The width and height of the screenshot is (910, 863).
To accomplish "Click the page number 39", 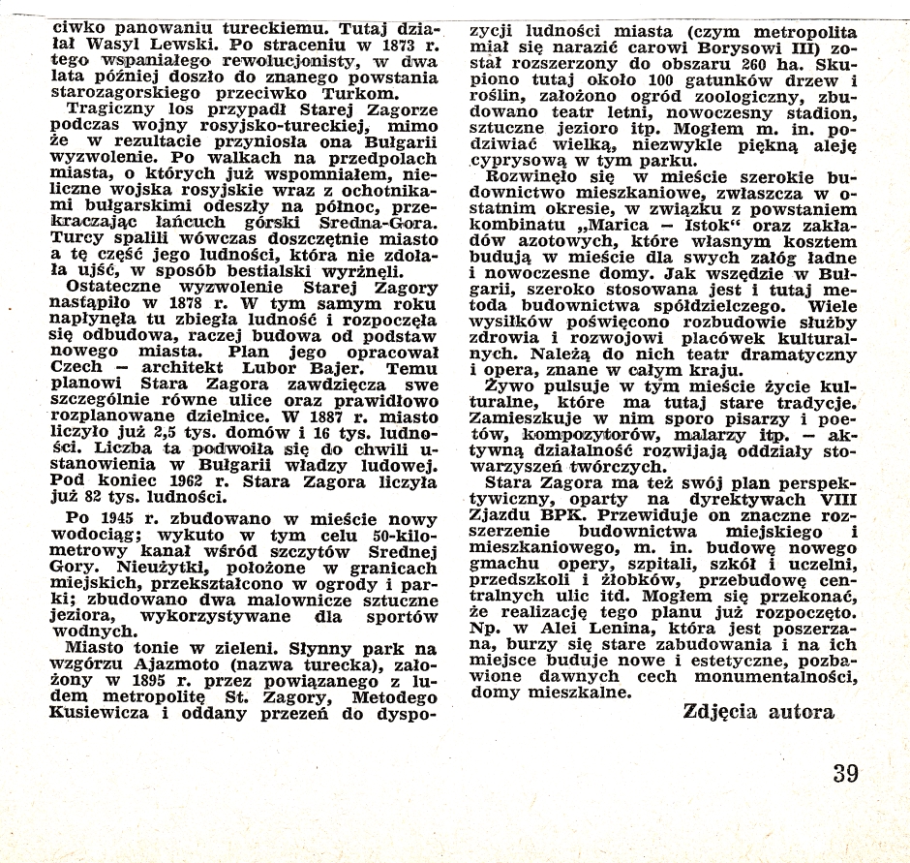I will [x=844, y=773].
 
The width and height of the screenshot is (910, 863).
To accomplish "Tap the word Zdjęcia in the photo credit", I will [x=721, y=712].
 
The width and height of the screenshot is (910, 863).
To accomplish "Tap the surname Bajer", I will [x=312, y=369].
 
